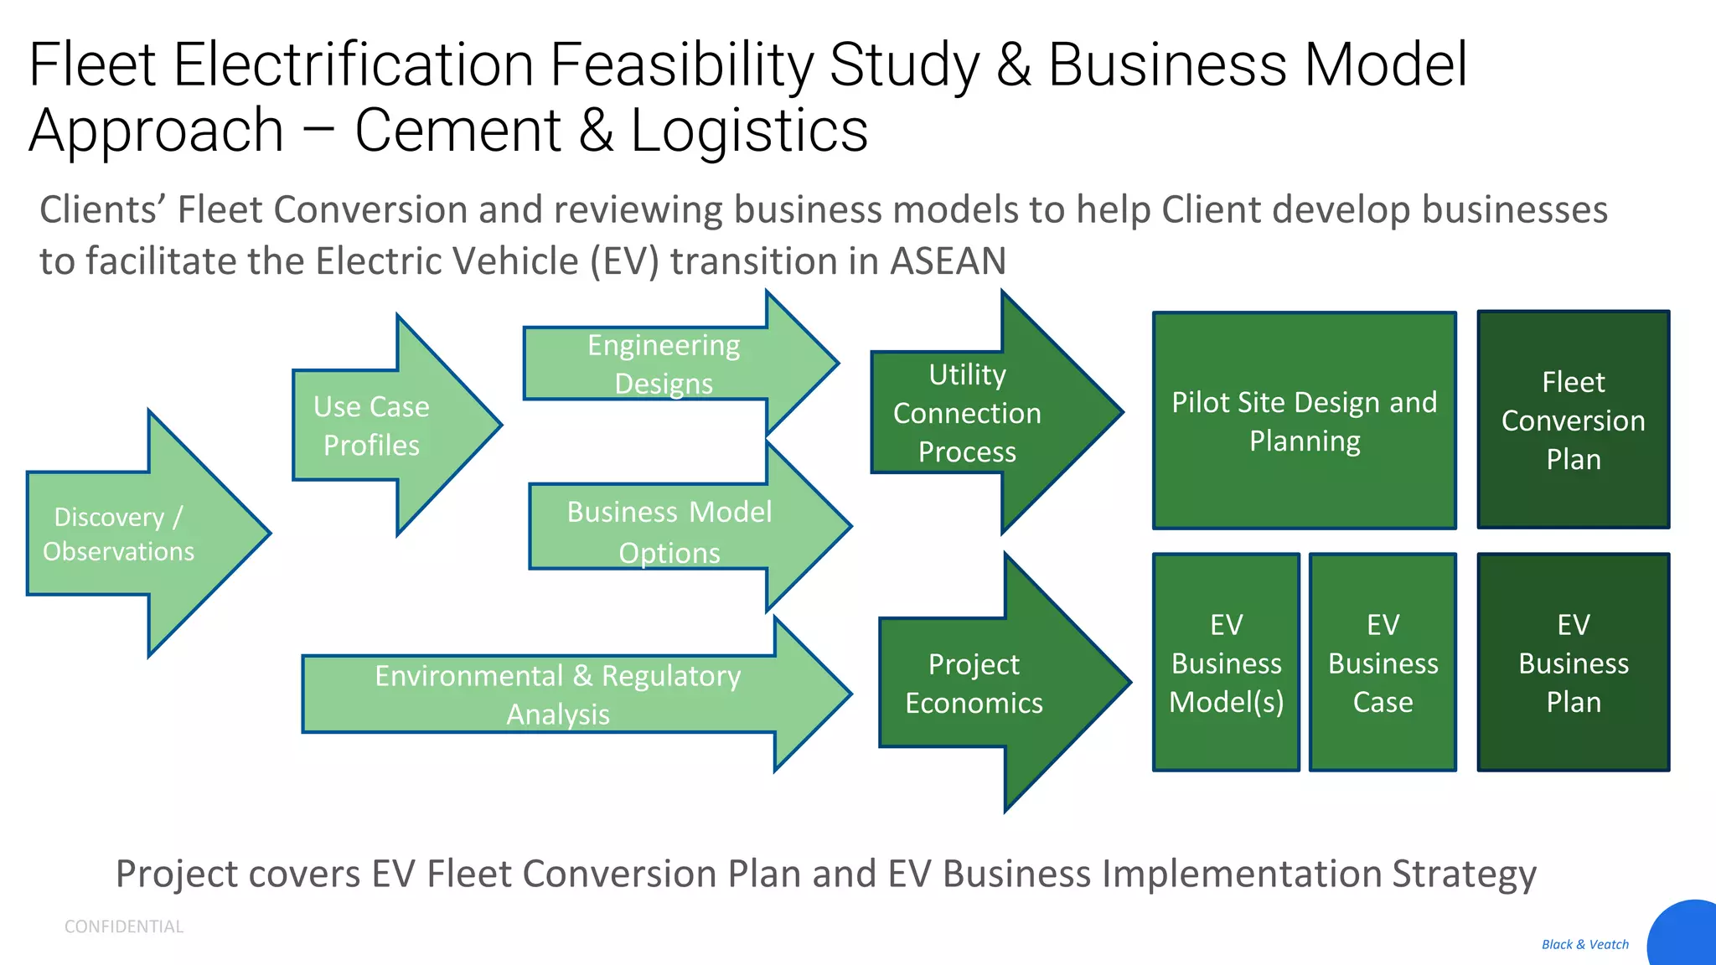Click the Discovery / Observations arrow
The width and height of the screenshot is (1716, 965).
coord(126,534)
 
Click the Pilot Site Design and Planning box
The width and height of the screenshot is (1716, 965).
coord(1304,421)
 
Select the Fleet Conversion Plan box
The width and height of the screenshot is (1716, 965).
coord(1573,420)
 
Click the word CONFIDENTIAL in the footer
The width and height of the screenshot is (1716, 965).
coord(124,926)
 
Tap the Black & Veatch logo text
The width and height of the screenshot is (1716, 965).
coord(1584,944)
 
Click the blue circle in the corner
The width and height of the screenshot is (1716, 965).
coord(1688,937)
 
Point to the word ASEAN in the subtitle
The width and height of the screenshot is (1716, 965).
coord(947,261)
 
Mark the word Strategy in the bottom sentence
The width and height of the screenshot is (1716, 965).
coord(1464,875)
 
